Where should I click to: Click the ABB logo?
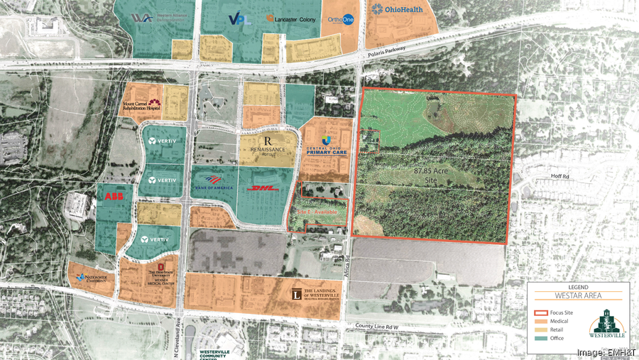click(114, 196)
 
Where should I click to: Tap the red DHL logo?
click(261, 188)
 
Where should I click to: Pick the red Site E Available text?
click(317, 212)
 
